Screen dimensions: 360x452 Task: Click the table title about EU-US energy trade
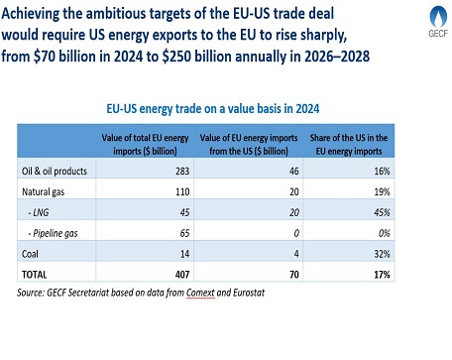tap(226, 112)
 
